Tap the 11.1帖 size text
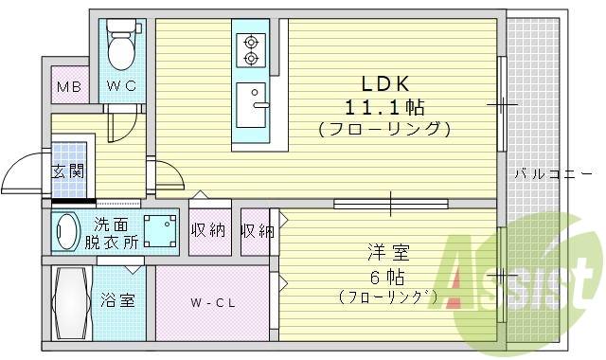[x=383, y=104]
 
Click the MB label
[x=68, y=89]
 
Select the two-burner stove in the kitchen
[x=252, y=50]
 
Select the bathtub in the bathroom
[x=71, y=303]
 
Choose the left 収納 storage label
[x=208, y=230]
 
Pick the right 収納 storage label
[x=256, y=230]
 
